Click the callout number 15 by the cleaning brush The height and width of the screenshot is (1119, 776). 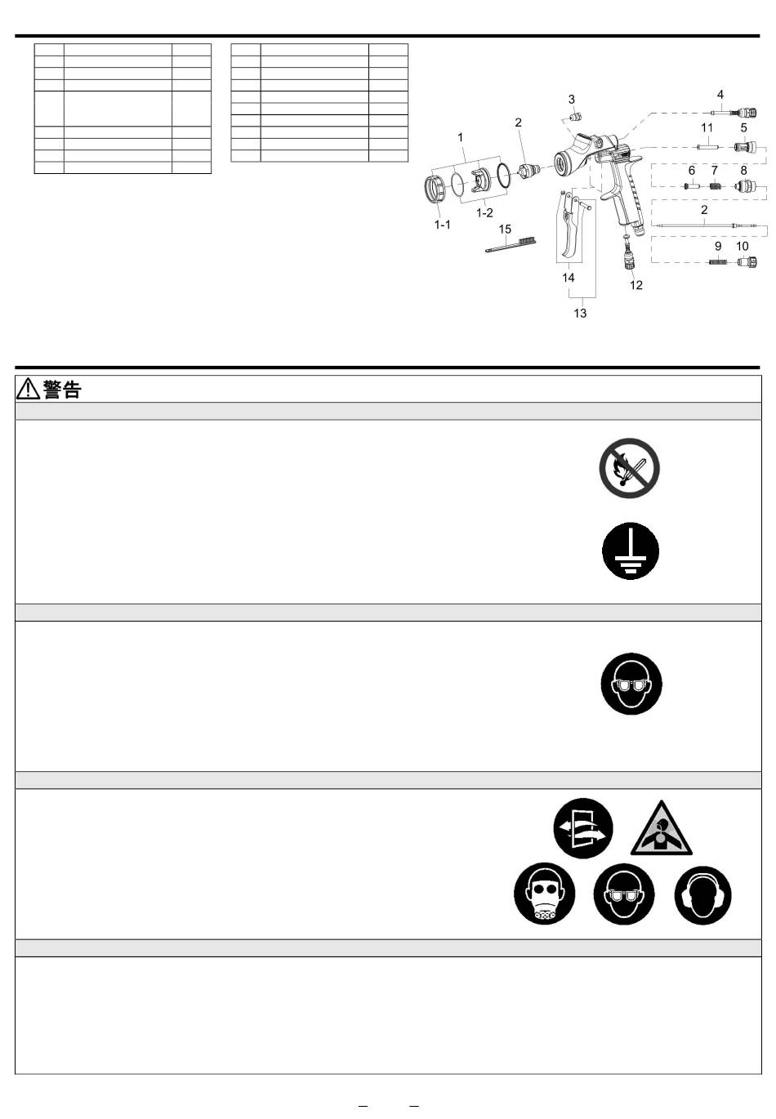click(505, 230)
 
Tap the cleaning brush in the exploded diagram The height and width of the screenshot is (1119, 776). click(511, 244)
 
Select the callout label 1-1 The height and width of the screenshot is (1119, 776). click(442, 224)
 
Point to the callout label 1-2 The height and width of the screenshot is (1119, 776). click(484, 212)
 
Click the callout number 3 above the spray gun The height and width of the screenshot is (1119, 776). click(572, 99)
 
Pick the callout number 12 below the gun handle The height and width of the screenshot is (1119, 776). click(636, 285)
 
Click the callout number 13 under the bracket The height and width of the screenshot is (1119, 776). click(580, 313)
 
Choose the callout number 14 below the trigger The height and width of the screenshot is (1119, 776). click(569, 278)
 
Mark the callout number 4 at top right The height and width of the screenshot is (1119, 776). click(720, 95)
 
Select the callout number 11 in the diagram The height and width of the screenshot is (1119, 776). click(707, 127)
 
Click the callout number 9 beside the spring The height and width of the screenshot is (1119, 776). click(718, 246)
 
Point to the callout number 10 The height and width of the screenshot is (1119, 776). click(742, 246)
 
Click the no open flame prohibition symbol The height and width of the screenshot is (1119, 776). click(629, 468)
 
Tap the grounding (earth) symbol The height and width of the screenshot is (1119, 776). click(631, 551)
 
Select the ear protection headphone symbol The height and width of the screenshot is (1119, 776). click(702, 895)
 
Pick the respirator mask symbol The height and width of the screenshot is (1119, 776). click(545, 894)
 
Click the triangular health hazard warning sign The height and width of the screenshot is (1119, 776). click(661, 830)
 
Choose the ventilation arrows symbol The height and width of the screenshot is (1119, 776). click(582, 827)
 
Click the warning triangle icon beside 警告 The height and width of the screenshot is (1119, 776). click(29, 390)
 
